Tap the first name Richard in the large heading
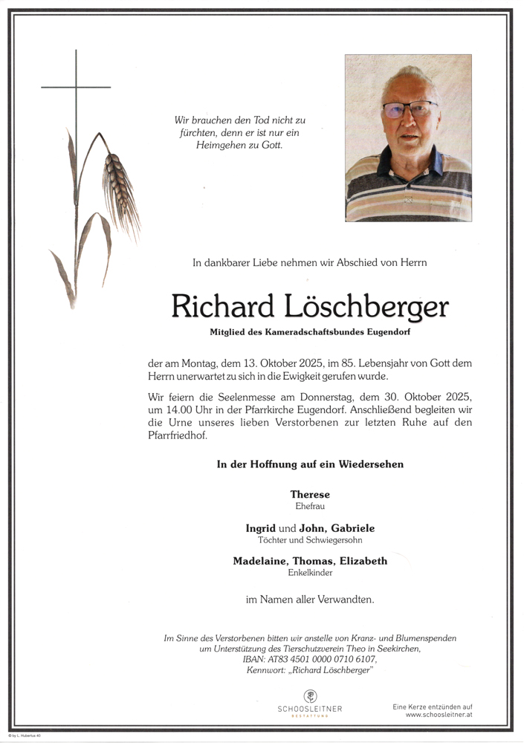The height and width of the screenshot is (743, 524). tap(224, 306)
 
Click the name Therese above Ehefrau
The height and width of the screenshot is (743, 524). tap(310, 494)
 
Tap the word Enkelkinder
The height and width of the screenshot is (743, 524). tap(310, 573)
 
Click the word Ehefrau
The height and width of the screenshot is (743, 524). tap(310, 506)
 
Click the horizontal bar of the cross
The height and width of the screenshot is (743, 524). tap(76, 88)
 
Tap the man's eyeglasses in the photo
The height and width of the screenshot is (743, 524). tap(409, 110)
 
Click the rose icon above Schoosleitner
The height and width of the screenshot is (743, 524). tap(310, 696)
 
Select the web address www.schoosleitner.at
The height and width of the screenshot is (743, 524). tap(439, 715)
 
